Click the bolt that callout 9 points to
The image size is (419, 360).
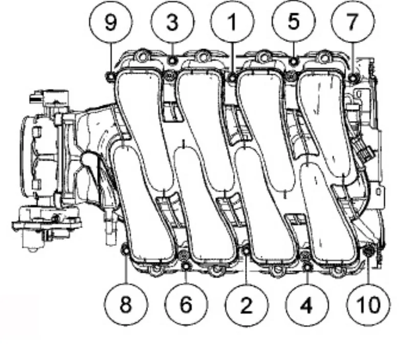(111, 77)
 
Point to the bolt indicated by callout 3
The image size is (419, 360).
(172, 61)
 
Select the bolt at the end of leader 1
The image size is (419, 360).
(232, 78)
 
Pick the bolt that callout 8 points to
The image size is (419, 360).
(125, 251)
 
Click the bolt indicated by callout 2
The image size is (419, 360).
(246, 251)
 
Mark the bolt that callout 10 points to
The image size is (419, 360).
(368, 251)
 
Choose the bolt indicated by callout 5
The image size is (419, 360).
(294, 61)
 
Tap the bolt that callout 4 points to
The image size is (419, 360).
(307, 266)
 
